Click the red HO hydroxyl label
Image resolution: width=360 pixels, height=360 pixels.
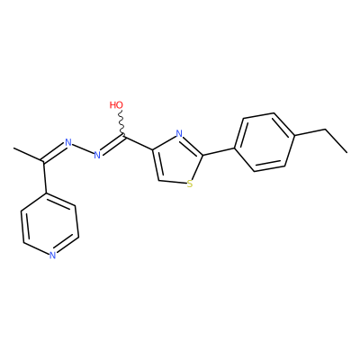(116, 105)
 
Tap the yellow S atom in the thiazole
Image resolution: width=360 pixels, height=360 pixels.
(189, 184)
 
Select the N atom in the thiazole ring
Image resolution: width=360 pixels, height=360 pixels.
(179, 133)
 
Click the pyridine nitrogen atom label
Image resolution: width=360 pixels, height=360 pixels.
(53, 256)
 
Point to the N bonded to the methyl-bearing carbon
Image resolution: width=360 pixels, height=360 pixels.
(68, 142)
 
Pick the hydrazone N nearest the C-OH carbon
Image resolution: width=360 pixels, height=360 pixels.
(97, 155)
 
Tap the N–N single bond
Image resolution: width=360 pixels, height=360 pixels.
(83, 148)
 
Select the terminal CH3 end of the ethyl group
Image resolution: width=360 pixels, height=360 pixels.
(346, 152)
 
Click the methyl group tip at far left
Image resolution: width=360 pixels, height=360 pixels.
(13, 148)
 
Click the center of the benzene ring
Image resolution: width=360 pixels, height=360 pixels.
(264, 142)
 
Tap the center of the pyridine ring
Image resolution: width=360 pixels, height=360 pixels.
(49, 224)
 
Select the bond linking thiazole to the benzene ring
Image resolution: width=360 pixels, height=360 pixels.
(219, 151)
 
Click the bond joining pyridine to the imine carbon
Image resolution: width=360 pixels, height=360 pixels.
(45, 177)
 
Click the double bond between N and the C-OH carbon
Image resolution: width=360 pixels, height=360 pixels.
(112, 146)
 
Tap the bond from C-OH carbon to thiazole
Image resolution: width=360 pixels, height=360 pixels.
(138, 143)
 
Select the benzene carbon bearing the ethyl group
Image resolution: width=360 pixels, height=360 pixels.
(294, 137)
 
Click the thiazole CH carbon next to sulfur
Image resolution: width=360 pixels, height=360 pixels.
(158, 180)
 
